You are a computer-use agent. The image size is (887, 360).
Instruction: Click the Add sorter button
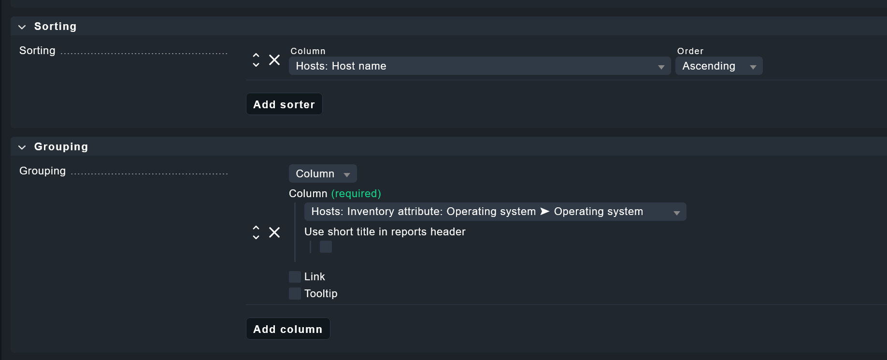(284, 104)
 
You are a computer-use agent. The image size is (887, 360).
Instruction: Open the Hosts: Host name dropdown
(480, 66)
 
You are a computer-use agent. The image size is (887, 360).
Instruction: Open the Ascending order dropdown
(719, 66)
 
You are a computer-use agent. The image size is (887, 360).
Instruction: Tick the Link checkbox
(295, 277)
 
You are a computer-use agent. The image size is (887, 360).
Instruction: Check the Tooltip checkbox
(295, 293)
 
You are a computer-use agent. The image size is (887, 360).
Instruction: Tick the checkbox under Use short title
(326, 247)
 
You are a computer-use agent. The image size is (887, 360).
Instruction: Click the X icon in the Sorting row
(274, 60)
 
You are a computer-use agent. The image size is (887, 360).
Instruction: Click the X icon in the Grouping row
(274, 232)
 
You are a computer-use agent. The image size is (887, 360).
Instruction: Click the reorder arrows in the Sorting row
(256, 60)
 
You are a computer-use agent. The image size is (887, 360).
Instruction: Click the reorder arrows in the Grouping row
(256, 232)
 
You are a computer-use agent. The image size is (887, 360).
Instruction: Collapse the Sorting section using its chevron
(22, 27)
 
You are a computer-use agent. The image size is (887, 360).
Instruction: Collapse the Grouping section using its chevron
(22, 147)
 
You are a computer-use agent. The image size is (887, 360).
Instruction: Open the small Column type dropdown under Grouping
(323, 173)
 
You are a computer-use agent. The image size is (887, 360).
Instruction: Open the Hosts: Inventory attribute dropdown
(495, 212)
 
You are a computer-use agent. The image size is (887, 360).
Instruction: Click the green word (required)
(356, 193)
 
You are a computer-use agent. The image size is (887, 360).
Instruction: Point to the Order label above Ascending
(690, 51)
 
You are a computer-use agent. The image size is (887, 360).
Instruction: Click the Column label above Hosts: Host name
(308, 51)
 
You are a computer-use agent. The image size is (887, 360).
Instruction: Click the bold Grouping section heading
(61, 147)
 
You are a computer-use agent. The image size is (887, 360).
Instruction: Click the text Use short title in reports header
(385, 232)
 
